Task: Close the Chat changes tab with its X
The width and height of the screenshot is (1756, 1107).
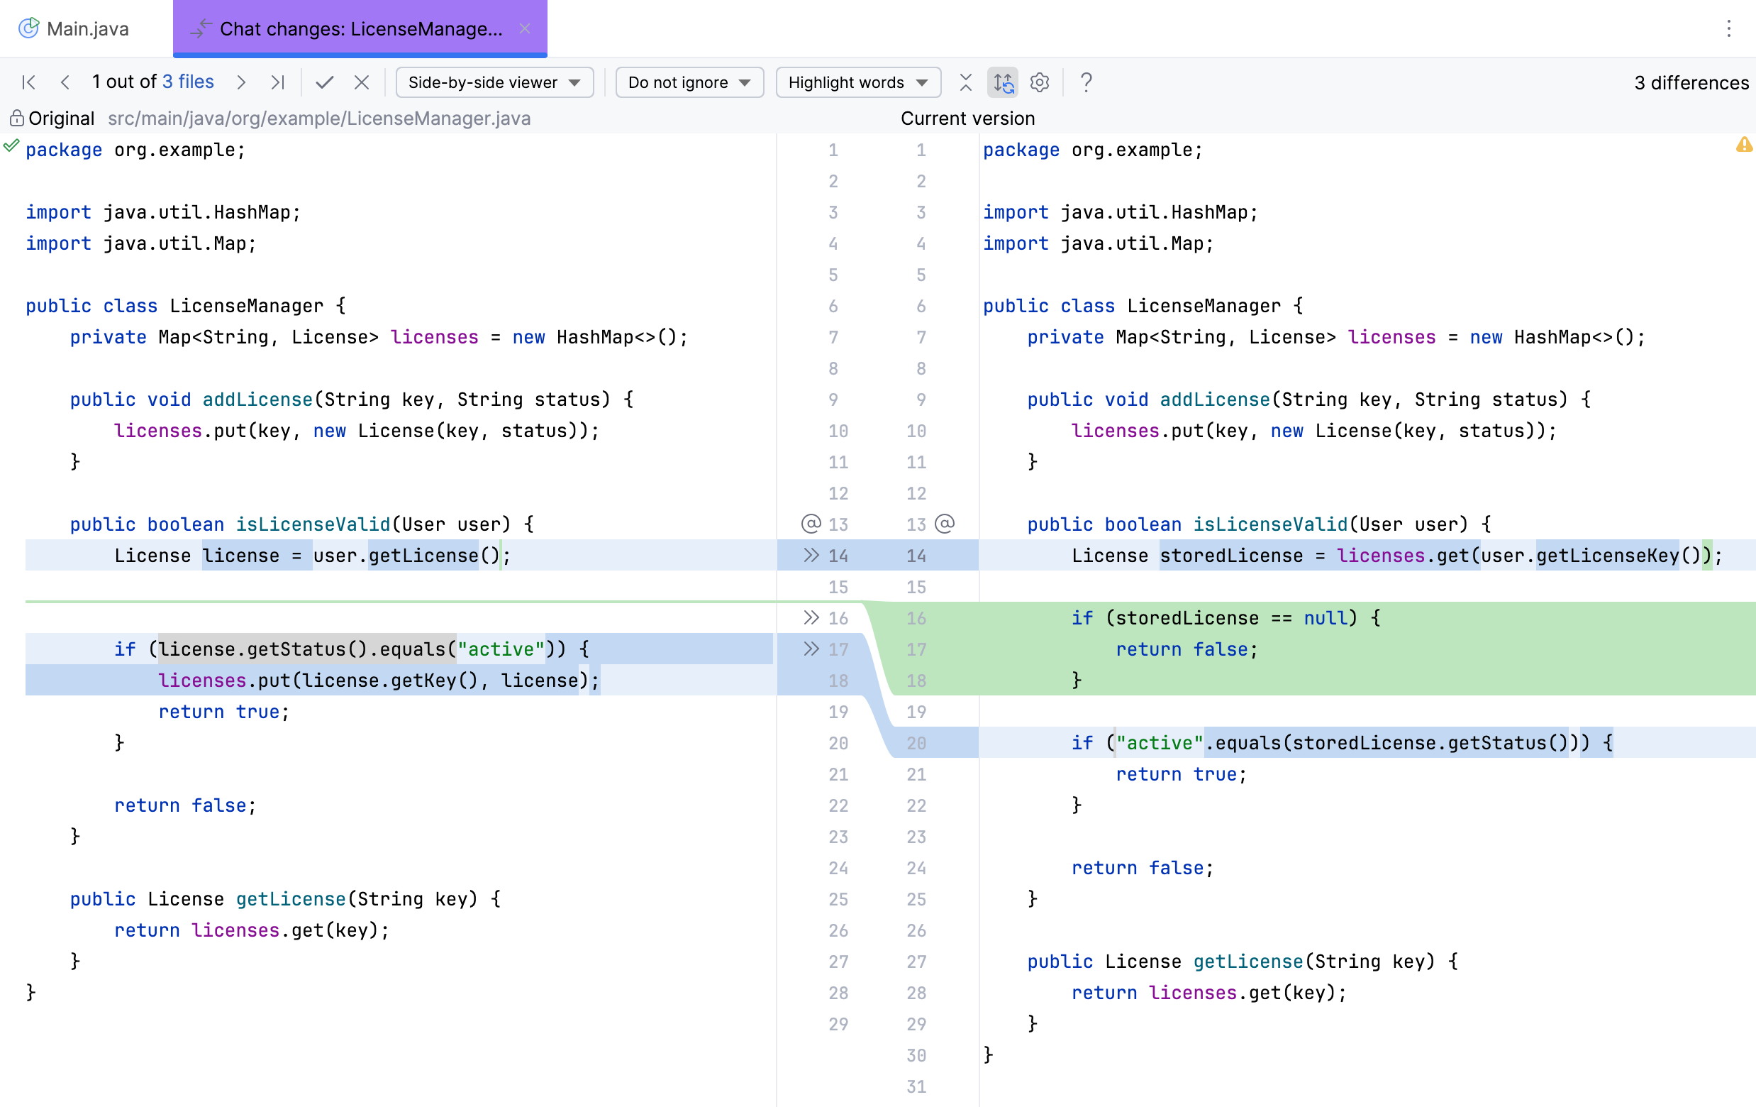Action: click(x=525, y=28)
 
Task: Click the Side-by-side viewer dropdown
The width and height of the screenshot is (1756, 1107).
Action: click(x=494, y=82)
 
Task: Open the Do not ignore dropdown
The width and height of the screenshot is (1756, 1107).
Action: click(x=689, y=82)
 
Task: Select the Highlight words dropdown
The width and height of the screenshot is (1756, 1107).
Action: click(x=857, y=82)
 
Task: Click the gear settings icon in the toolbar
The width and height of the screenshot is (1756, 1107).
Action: click(x=1039, y=82)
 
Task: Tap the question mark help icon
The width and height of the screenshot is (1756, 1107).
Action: click(x=1086, y=82)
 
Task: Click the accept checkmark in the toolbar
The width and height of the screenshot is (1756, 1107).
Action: click(x=325, y=82)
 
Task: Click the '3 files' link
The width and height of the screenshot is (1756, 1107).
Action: click(x=188, y=82)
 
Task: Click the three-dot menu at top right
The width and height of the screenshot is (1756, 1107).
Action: click(x=1728, y=28)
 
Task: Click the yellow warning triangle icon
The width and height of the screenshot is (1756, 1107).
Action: click(x=1744, y=145)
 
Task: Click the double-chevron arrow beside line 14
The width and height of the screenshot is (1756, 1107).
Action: click(x=811, y=556)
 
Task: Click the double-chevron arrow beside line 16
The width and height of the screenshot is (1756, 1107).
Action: click(x=811, y=618)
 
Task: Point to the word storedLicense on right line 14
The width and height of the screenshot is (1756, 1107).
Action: click(x=1231, y=556)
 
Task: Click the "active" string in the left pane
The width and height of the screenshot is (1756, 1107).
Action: click(x=500, y=649)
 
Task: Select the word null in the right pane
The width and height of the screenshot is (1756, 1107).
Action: click(x=1324, y=618)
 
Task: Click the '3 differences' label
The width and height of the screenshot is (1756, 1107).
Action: click(x=1691, y=83)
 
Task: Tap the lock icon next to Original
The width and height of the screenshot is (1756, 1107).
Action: click(x=16, y=119)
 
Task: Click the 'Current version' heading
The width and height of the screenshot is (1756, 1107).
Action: click(x=967, y=119)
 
